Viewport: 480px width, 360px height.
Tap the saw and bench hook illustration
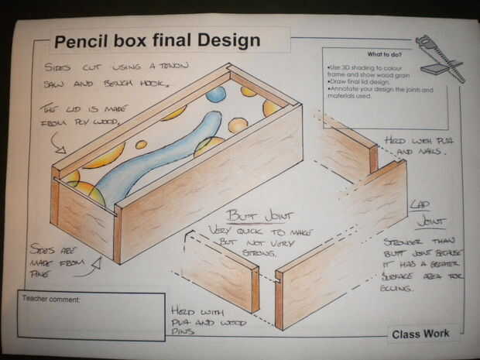click(439, 57)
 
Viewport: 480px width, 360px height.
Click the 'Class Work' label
click(420, 334)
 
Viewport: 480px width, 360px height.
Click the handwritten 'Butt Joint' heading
click(247, 215)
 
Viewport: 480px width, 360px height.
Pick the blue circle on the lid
click(216, 94)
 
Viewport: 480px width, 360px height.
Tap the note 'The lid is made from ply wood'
click(81, 115)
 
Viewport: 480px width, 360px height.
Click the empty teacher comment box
click(91, 321)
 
